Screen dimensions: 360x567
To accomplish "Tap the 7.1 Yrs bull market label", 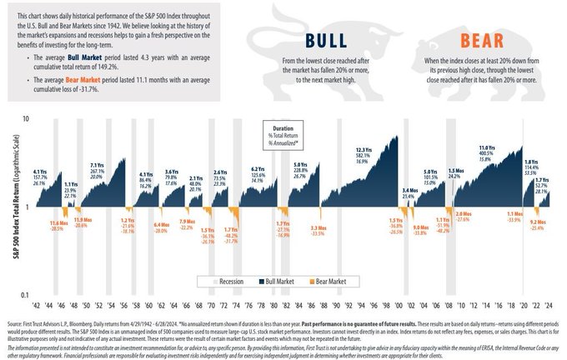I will coord(97,165).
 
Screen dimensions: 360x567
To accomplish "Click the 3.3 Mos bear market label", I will coord(317,227).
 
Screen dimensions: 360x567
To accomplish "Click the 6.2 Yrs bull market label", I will coord(258,169).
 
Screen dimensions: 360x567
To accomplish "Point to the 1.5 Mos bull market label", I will coord(454,169).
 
